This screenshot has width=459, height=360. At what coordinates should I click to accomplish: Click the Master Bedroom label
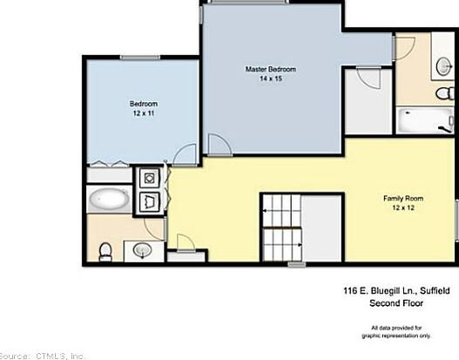click(271, 70)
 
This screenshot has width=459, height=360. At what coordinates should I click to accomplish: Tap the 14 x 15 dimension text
click(271, 78)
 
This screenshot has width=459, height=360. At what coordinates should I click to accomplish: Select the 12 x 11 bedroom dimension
click(144, 113)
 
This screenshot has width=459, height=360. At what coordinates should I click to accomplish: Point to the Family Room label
click(403, 199)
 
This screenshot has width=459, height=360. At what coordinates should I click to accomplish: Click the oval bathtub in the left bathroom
click(109, 199)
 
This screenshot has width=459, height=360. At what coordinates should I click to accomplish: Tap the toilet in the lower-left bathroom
click(105, 252)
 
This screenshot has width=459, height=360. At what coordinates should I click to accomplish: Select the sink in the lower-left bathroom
click(143, 251)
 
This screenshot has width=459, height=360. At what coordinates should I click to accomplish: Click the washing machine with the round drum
click(150, 178)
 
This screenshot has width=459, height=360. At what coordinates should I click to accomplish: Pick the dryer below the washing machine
click(150, 202)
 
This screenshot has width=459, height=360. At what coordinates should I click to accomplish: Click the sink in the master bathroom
click(444, 66)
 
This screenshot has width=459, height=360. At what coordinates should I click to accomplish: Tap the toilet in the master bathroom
click(445, 93)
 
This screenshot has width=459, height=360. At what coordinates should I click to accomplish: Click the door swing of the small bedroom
click(185, 155)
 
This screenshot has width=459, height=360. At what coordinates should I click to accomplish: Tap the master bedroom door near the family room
click(219, 145)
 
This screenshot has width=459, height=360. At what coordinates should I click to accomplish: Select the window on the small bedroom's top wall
click(140, 58)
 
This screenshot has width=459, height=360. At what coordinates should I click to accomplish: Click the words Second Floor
click(396, 302)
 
